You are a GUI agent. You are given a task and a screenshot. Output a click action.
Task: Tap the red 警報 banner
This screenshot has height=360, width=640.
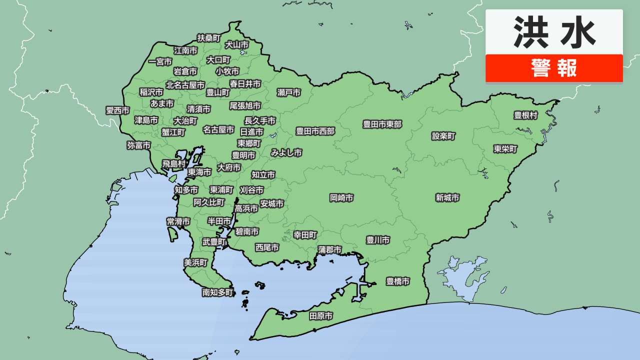554,68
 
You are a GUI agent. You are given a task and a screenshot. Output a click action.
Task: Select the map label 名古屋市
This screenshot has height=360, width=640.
218,129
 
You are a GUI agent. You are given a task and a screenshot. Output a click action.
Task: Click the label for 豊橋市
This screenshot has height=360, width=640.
398,281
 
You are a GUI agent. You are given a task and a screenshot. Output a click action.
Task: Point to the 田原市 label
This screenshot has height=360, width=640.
321,316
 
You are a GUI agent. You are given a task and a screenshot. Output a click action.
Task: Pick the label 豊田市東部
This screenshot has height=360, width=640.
382,124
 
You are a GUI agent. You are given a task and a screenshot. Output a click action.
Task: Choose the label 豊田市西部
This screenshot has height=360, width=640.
315,131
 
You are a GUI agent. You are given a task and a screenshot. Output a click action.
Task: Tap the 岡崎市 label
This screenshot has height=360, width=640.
341,198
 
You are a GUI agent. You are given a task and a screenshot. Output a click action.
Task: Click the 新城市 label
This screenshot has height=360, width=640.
447,198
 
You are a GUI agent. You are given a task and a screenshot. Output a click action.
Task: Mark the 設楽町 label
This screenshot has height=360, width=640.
444,136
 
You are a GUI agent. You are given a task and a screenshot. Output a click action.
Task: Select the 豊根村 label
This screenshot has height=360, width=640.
525,115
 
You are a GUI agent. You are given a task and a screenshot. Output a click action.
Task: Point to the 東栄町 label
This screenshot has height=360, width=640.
505,149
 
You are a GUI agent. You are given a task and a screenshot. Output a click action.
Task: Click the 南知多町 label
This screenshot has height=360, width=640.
218,292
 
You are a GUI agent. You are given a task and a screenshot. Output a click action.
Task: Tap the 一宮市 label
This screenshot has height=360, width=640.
160,62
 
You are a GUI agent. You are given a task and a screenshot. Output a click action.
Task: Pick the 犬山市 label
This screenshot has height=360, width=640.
236,44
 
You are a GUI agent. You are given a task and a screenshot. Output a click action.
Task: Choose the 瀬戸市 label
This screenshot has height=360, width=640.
289,92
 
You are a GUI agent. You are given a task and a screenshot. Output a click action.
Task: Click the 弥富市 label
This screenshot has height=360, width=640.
138,145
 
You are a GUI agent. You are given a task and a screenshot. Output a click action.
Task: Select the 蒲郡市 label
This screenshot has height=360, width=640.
330,249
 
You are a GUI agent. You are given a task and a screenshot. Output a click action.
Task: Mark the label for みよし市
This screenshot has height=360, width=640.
286,153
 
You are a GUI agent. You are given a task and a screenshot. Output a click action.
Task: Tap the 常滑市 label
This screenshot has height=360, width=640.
178,221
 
